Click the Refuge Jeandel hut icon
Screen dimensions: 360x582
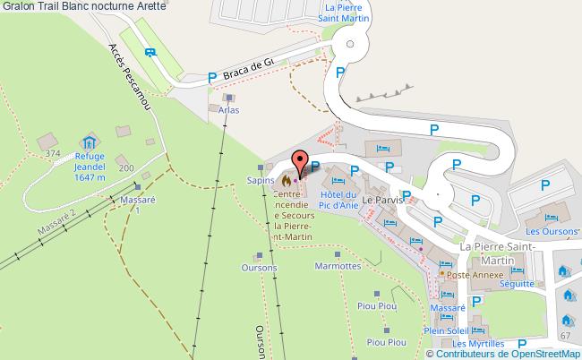89,142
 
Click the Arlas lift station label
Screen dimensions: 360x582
229,110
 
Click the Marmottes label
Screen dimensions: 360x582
338,267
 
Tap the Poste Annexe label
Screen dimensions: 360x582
472,275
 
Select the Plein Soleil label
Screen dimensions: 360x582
447,330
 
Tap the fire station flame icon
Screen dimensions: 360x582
286,179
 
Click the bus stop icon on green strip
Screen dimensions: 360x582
150,51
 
